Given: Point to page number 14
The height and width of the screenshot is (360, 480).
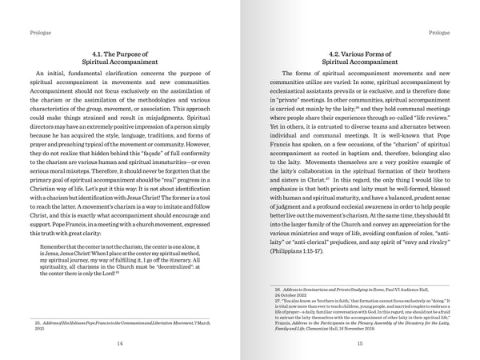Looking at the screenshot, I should (120, 344).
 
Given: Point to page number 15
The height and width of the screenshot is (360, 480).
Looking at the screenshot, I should (360, 344).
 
